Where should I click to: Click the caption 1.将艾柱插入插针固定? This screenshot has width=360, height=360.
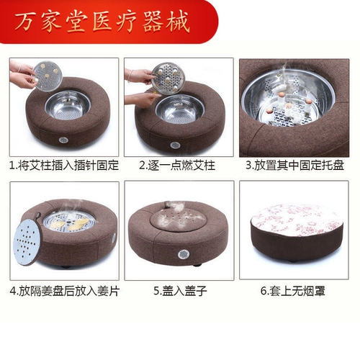63,166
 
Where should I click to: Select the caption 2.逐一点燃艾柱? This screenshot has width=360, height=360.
176,166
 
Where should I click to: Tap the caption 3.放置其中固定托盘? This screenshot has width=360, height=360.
294,166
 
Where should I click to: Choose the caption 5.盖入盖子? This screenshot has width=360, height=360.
176,292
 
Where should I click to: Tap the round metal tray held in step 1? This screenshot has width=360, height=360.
45,73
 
